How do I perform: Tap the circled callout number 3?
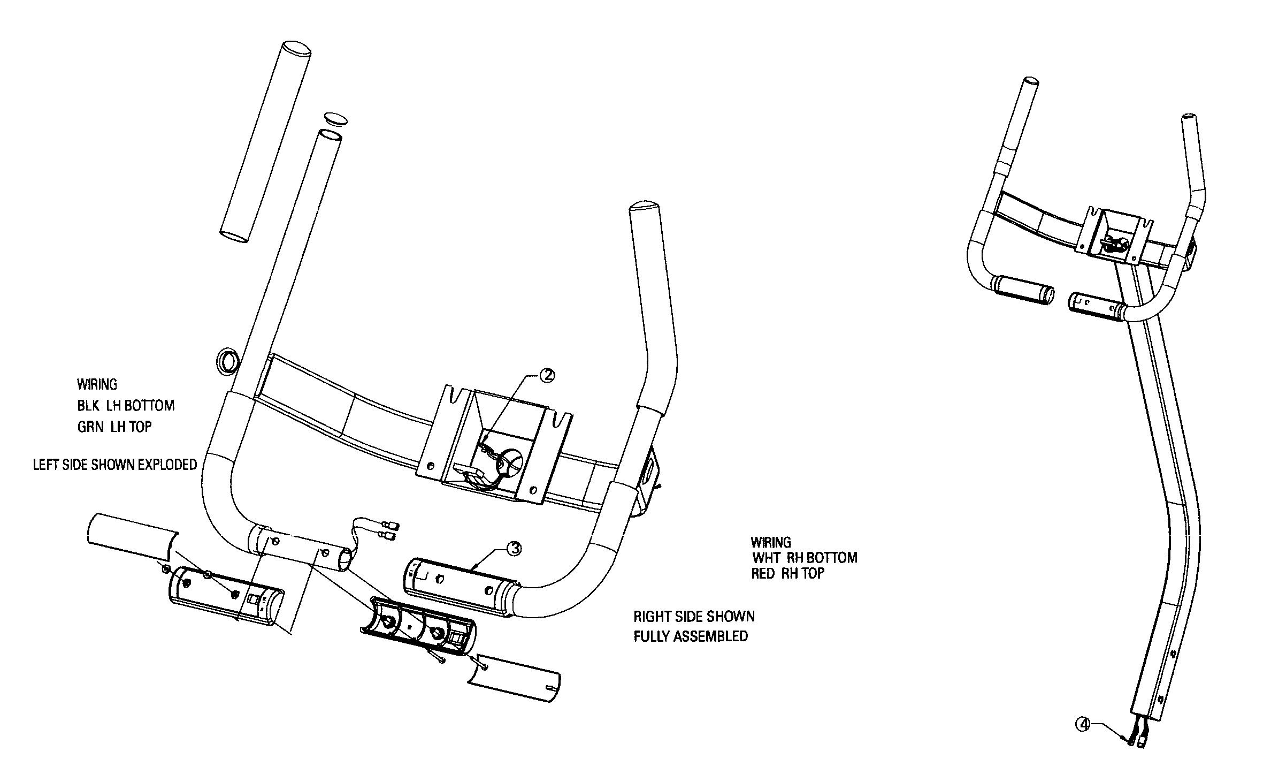(x=514, y=549)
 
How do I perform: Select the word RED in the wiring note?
(x=763, y=574)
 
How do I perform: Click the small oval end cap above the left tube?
(x=336, y=118)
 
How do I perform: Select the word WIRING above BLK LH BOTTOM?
(x=97, y=384)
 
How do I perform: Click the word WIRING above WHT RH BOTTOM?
(x=771, y=542)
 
